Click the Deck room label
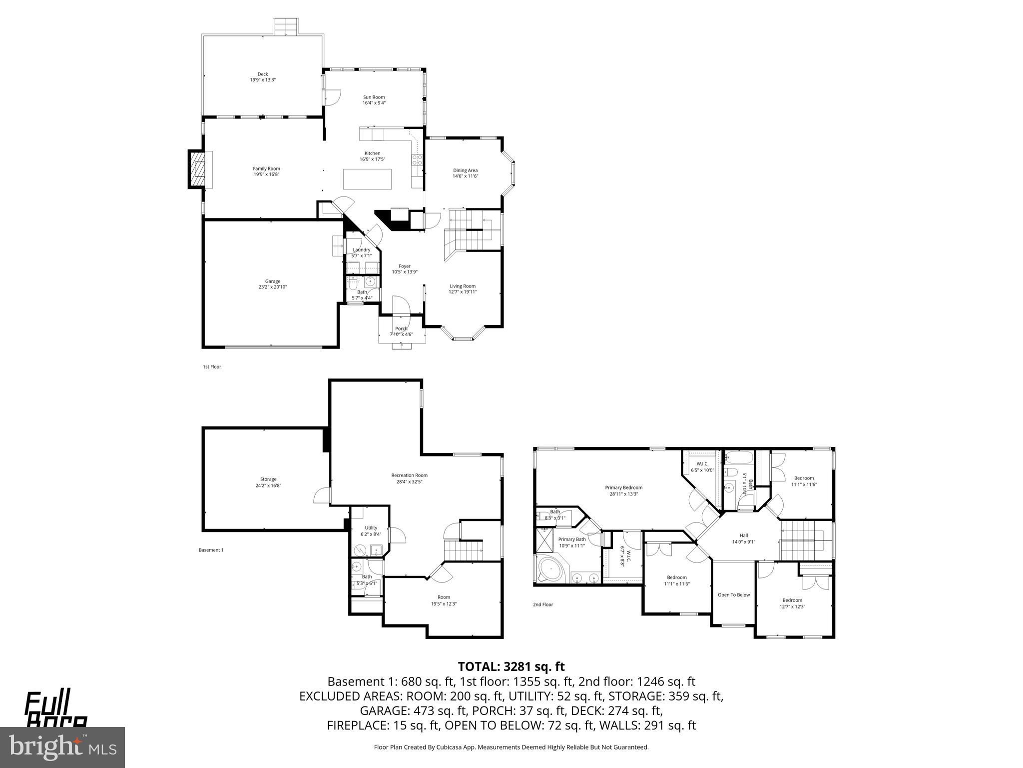coord(263,74)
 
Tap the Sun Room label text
coord(374,97)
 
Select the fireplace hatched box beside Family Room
coord(197,169)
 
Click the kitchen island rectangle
coord(367,179)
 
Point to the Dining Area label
coord(465,170)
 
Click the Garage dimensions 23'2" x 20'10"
coord(273,287)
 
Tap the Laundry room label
coord(361,249)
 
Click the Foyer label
coord(404,266)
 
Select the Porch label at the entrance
coord(401,328)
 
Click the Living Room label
coord(462,286)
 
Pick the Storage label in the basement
coord(268,479)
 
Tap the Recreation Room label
coord(409,475)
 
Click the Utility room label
coord(371,527)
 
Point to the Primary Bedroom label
coord(623,487)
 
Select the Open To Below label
coord(733,595)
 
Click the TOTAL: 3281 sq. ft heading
coord(511,666)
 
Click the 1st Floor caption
coord(212,366)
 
